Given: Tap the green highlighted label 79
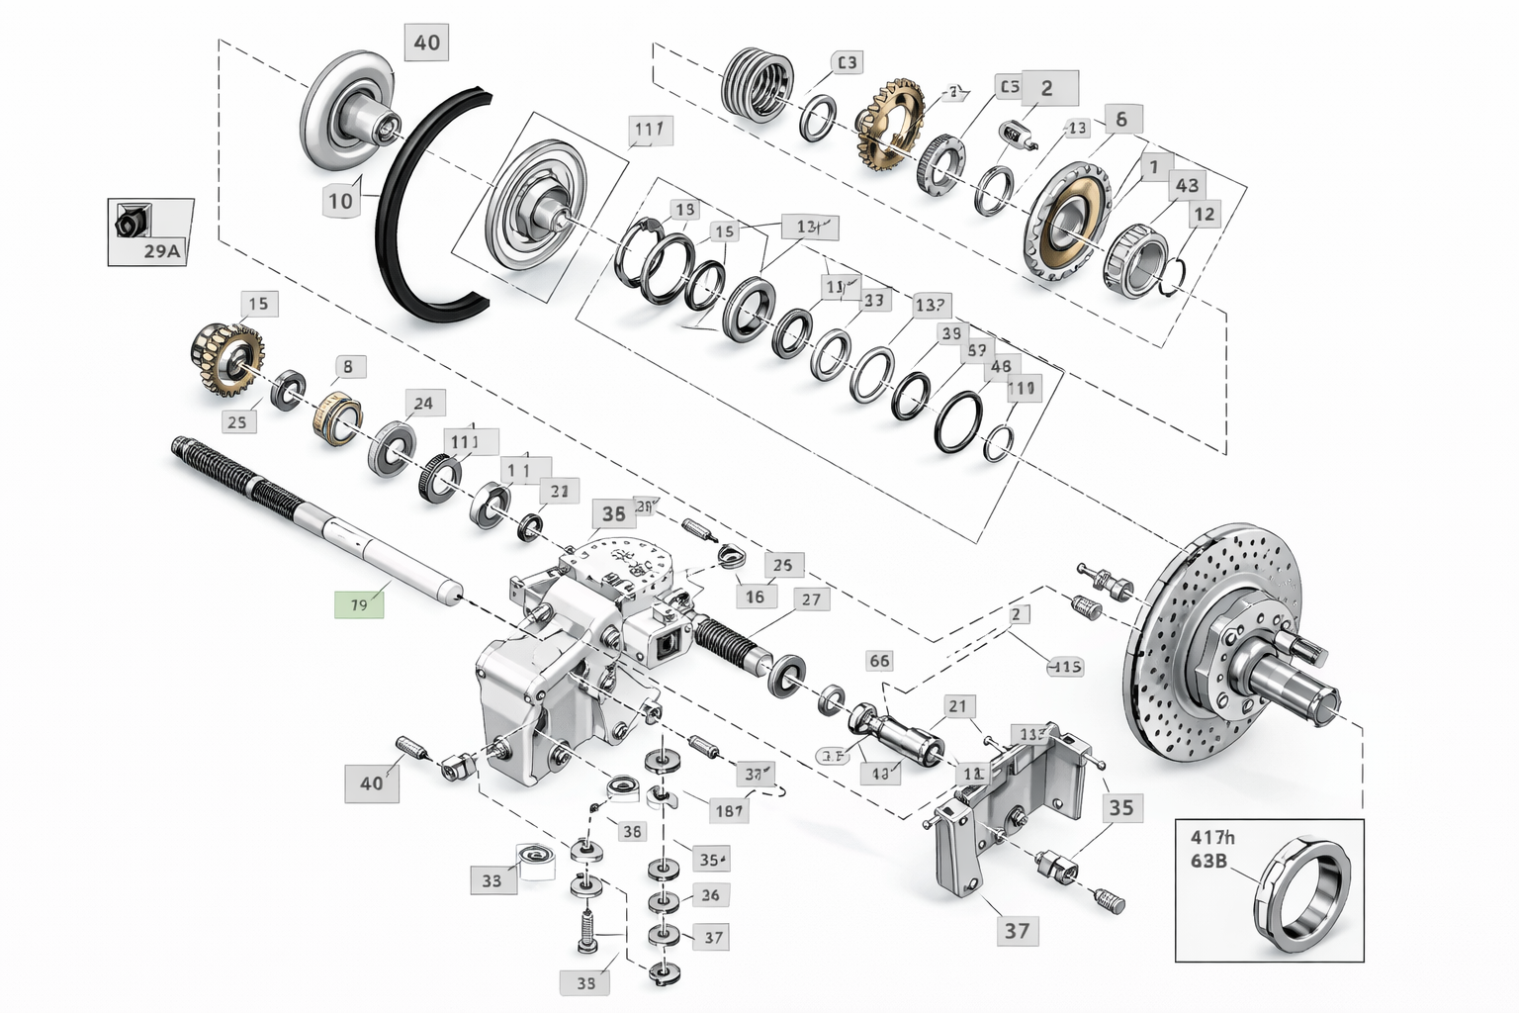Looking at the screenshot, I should pyautogui.click(x=359, y=603).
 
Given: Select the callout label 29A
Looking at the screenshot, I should pyautogui.click(x=162, y=250).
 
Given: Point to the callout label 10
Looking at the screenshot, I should pyautogui.click(x=340, y=201).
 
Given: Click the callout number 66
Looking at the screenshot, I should pyautogui.click(x=878, y=660).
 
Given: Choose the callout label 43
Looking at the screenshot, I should pyautogui.click(x=1187, y=185).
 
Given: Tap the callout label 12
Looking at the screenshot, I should pyautogui.click(x=1204, y=214).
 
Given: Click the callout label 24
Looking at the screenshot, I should pyautogui.click(x=423, y=403).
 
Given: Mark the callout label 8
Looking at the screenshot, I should pyautogui.click(x=347, y=367).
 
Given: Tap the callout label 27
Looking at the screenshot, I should pyautogui.click(x=811, y=599).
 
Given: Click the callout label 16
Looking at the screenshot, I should pyautogui.click(x=755, y=597).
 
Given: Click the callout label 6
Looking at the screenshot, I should pyautogui.click(x=1120, y=119).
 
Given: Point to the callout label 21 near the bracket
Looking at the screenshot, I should pyautogui.click(x=956, y=706).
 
